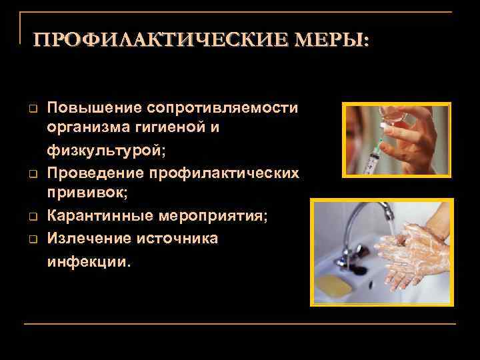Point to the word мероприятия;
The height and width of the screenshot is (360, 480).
[x=216, y=217]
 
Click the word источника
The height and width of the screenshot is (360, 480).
[x=181, y=238]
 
